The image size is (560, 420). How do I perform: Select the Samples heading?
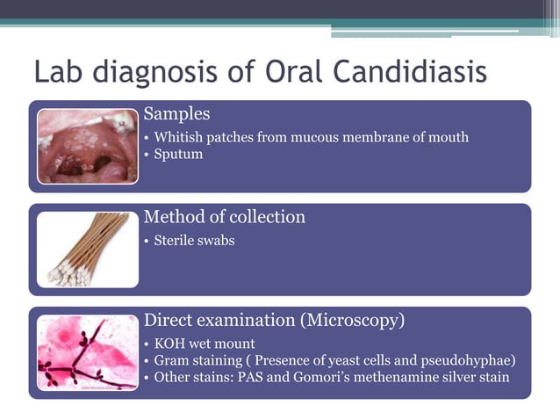click(x=176, y=114)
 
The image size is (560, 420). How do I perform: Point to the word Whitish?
click(x=178, y=137)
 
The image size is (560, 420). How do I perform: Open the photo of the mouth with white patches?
click(x=88, y=146)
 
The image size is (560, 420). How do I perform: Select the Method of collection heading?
click(x=224, y=217)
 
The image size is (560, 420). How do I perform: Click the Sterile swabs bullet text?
click(x=194, y=240)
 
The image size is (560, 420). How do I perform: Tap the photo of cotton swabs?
click(x=88, y=250)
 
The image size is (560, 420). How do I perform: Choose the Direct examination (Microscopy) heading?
click(x=274, y=321)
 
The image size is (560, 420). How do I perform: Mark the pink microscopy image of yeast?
click(x=88, y=352)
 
